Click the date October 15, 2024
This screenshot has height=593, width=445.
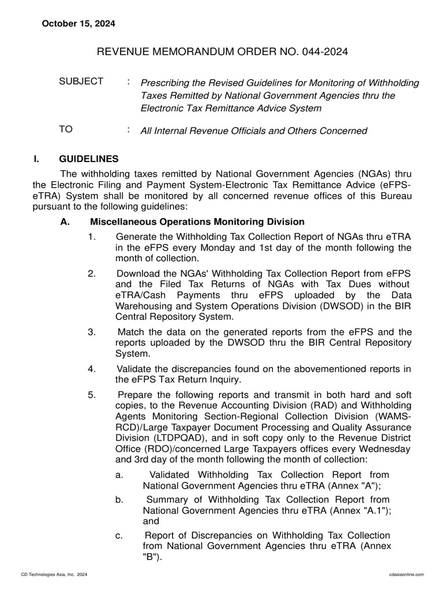(78, 24)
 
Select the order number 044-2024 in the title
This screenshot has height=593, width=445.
(317, 53)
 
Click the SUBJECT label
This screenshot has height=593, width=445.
(81, 82)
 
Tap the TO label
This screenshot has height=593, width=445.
(66, 130)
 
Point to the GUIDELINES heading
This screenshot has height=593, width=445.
(89, 159)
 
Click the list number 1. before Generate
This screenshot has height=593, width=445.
(92, 237)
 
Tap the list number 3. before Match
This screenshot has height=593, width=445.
(92, 332)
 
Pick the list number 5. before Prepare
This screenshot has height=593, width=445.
(92, 395)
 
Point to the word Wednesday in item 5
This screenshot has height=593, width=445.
(383, 449)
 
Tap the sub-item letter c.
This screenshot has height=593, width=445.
(119, 535)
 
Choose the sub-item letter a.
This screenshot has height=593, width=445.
(119, 475)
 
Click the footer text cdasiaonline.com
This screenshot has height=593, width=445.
(404, 573)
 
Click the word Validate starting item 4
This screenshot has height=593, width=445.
(135, 369)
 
